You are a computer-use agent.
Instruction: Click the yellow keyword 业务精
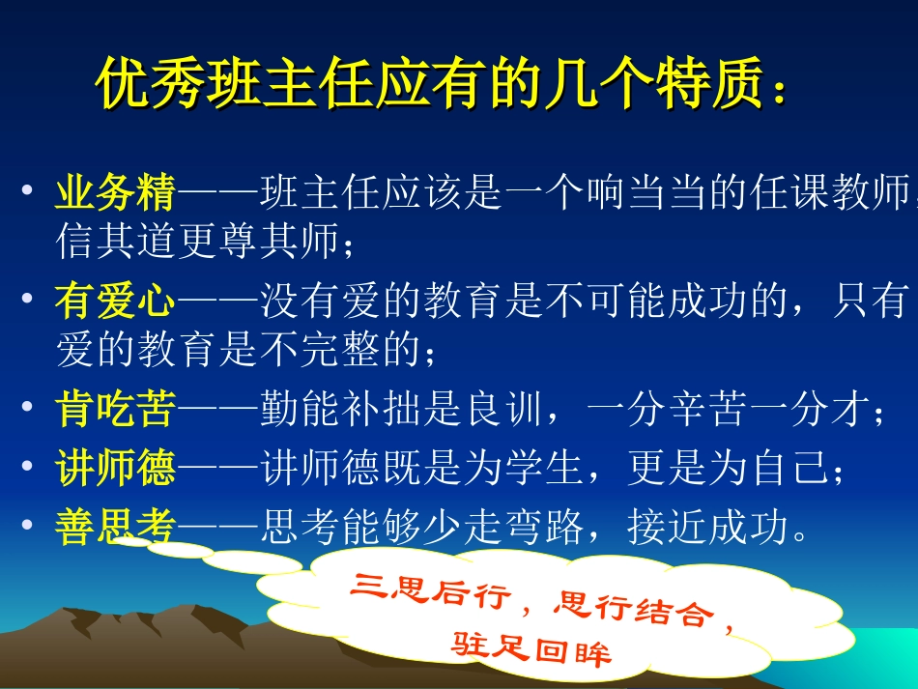click(115, 193)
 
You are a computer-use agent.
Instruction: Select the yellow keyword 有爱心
click(115, 303)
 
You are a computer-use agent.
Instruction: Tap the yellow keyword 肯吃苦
click(115, 412)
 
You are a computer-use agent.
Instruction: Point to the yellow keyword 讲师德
click(115, 470)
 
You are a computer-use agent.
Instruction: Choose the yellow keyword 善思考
click(115, 528)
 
